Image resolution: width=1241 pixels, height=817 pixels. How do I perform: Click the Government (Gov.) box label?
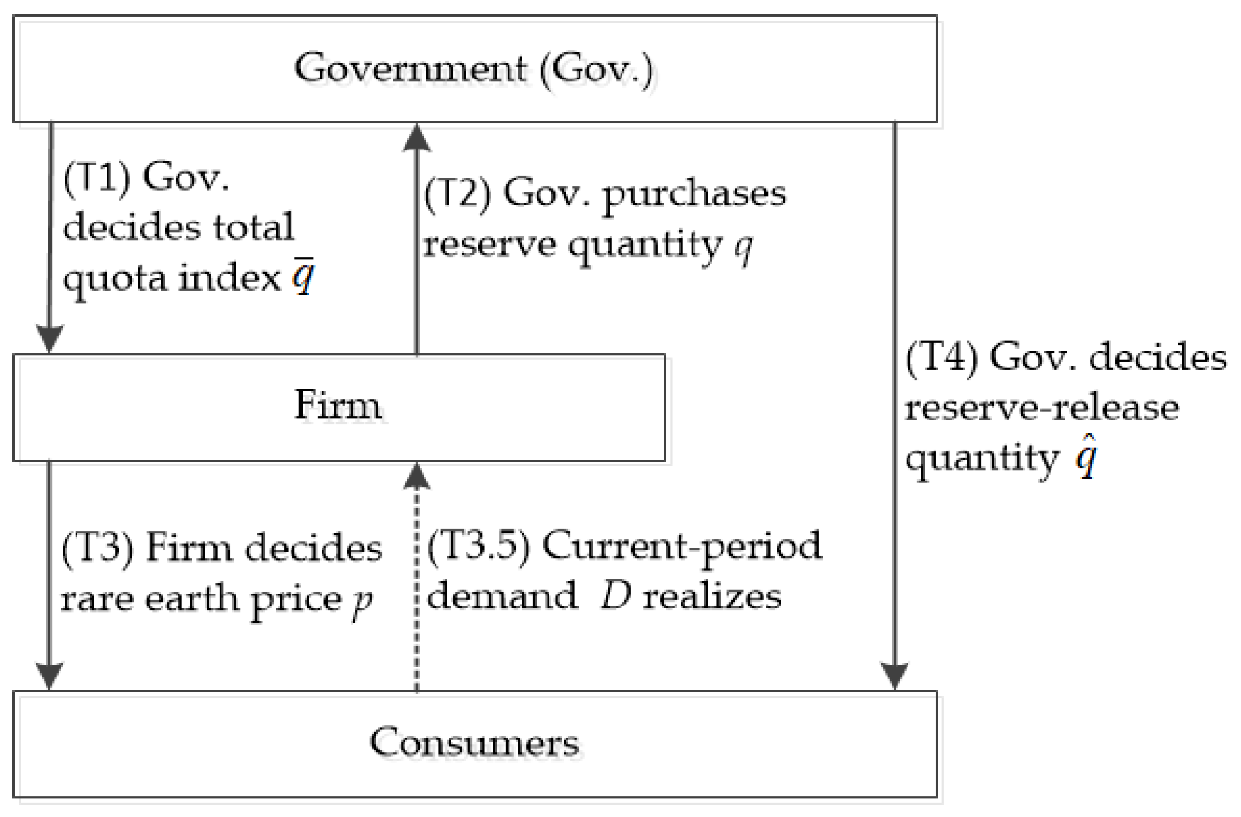coord(473,69)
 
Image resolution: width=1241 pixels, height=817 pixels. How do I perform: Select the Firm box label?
coord(338,406)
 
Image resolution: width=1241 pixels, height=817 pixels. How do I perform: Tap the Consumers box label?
coord(474,743)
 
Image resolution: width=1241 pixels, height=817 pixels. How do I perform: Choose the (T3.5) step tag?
coord(478,545)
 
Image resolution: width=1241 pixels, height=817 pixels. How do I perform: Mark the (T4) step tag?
coord(941,357)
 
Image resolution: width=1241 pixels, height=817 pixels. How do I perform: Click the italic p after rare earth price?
coord(363,600)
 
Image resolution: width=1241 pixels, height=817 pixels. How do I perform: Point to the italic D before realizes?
coord(615,596)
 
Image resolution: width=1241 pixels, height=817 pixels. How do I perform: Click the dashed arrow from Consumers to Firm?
coord(417,581)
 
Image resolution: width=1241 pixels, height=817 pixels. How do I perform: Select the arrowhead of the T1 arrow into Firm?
coord(50,339)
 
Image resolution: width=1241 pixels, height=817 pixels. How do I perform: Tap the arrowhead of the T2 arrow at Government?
coord(417,138)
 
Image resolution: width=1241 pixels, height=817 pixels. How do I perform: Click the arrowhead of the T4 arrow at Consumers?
coord(895,676)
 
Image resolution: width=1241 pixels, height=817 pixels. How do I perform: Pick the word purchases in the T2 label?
coord(694,194)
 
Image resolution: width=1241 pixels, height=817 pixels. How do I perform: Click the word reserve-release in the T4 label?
coord(1041,408)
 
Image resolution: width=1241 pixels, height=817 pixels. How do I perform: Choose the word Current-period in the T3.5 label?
coord(682,546)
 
